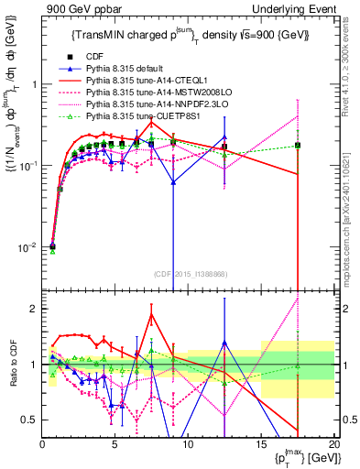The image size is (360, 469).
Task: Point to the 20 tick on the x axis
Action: point(334,443)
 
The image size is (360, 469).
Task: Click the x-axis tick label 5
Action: point(115,443)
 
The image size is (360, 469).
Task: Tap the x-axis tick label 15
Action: point(261,443)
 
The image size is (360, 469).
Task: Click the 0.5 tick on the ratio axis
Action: point(32,420)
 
